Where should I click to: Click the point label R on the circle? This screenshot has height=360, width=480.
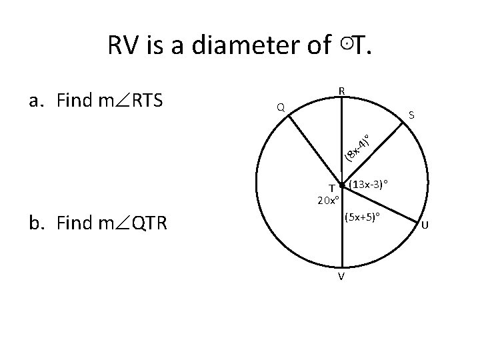[341, 91]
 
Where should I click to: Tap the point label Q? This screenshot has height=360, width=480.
[281, 107]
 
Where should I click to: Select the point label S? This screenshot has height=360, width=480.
[412, 115]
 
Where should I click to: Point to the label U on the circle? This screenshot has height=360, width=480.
[425, 233]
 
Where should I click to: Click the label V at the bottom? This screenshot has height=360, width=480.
[341, 277]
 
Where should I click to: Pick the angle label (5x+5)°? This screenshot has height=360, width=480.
[362, 217]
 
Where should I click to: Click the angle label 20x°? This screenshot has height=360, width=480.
[329, 200]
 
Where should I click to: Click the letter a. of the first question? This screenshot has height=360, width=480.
[36, 102]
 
